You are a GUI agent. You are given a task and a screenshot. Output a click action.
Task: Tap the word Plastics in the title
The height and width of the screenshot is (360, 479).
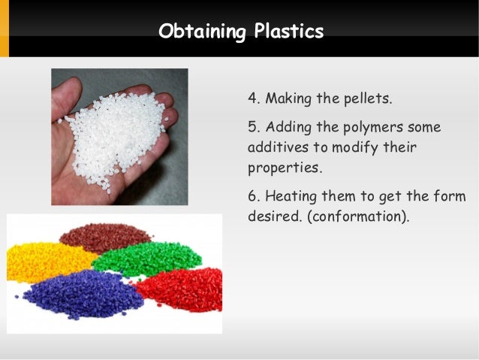coord(288,32)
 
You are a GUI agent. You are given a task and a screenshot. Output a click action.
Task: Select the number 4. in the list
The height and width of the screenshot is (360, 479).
coord(254,98)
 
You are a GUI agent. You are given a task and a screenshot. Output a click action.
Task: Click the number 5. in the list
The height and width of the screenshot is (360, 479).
coord(254,126)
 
